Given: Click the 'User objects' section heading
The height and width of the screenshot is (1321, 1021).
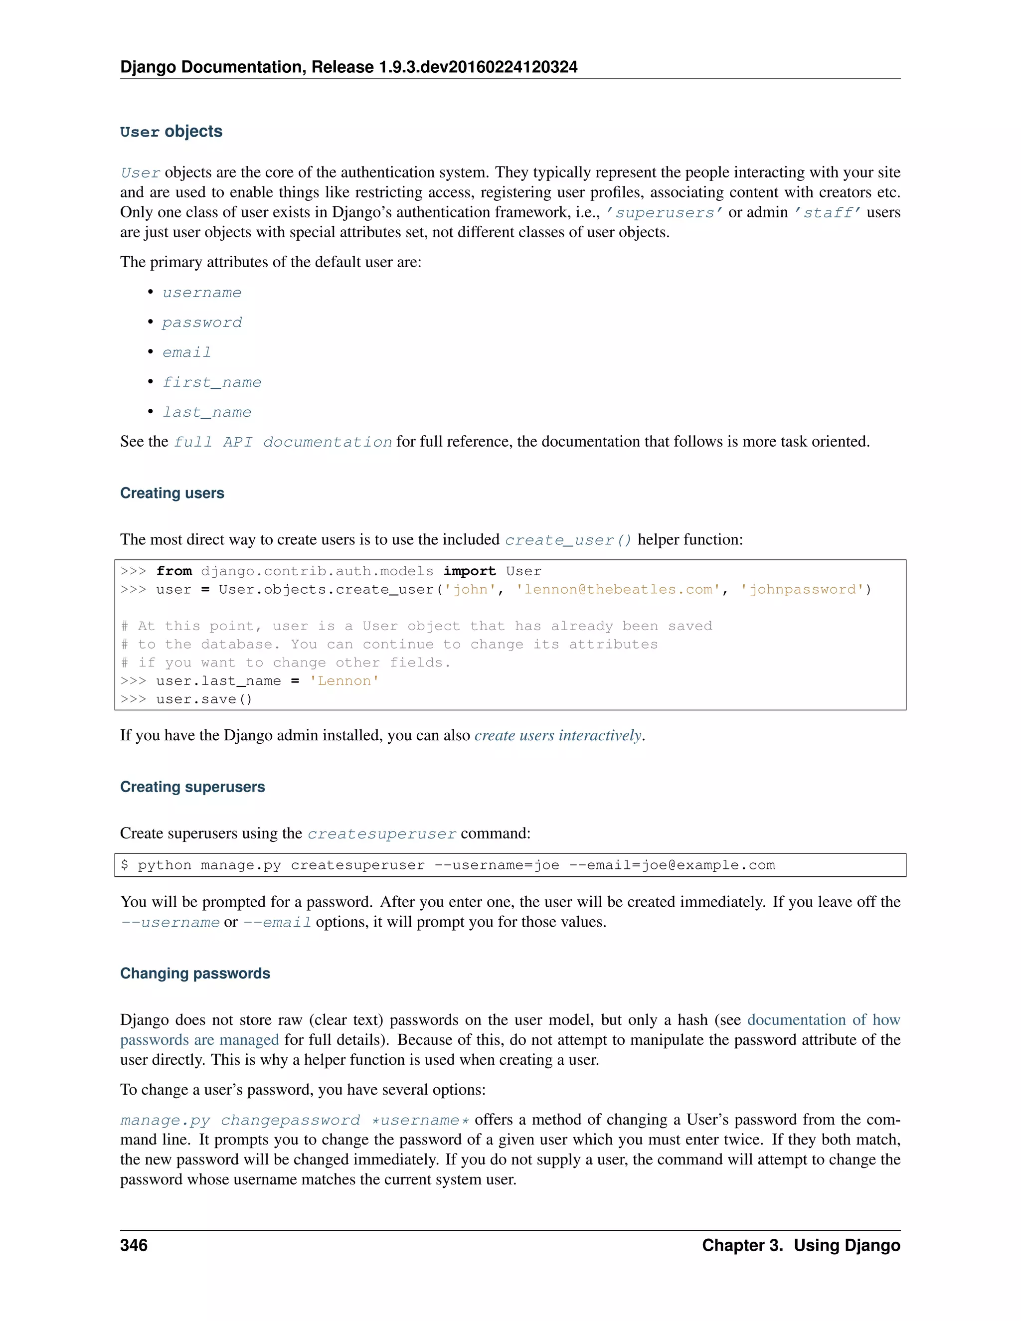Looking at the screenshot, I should click(x=171, y=132).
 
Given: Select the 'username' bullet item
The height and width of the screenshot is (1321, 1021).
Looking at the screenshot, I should click(x=201, y=293).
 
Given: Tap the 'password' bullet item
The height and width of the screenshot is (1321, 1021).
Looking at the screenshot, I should click(x=201, y=323).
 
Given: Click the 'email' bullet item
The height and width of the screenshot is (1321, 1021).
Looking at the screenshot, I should click(x=186, y=352).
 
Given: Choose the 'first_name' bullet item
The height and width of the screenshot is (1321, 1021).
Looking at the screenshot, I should click(x=212, y=382).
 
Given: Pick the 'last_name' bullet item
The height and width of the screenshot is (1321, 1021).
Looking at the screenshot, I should click(x=207, y=412).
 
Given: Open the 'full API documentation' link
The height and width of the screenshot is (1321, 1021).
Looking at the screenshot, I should click(x=283, y=442).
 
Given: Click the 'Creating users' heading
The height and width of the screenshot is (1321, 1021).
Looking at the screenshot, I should click(x=172, y=493).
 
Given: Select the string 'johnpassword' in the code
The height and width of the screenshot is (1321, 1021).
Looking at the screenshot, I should click(x=803, y=590).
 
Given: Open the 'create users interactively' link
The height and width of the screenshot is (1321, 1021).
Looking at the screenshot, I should click(x=558, y=735).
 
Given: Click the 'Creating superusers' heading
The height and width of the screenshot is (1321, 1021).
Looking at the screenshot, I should click(x=192, y=787).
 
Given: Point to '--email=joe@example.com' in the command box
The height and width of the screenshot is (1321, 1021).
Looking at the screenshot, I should click(x=672, y=865).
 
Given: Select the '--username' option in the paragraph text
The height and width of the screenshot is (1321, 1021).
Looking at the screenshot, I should click(x=170, y=922).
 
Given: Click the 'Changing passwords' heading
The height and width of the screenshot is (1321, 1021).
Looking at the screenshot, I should click(x=195, y=973).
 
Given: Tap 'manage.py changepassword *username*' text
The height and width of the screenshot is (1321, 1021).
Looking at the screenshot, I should click(x=295, y=1120).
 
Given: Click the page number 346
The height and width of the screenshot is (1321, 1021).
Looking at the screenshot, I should click(x=134, y=1245).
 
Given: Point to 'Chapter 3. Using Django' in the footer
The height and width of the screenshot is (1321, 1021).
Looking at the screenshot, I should click(x=801, y=1245).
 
